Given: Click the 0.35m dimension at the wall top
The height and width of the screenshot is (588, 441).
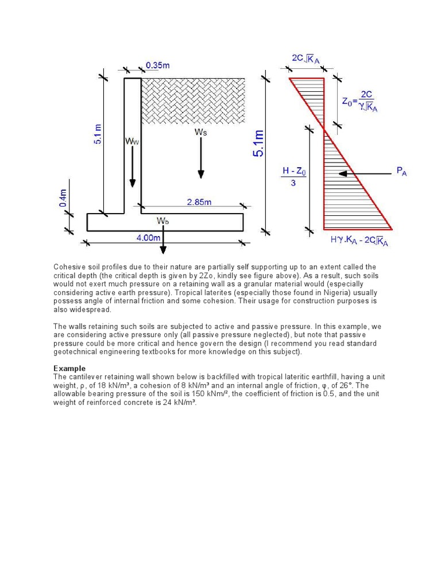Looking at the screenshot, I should coord(157,65).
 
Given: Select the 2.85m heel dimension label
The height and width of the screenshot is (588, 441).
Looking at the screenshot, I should coord(199,202).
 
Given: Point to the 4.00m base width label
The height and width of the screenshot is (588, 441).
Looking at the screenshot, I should coord(148,237).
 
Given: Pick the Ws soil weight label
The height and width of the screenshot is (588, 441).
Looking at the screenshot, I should coord(200,132).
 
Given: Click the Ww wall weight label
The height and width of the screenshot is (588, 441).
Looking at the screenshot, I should coord(132,141).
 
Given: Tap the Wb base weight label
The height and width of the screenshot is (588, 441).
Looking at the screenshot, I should coord(163,220).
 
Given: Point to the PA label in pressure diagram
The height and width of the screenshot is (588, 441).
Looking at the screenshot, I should coord(401,171).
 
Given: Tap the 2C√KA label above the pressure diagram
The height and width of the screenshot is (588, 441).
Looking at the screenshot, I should coord(306,59).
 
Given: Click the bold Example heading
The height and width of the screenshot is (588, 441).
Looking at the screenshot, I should coord(69,368).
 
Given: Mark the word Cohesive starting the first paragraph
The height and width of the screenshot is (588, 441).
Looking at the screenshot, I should coord(69,267).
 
